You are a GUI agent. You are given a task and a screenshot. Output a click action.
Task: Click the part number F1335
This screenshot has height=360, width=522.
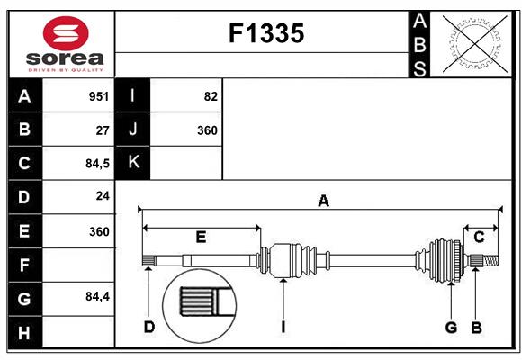click(x=266, y=33)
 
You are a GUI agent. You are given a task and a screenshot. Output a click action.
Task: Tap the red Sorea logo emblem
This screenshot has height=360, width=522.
click(x=66, y=33)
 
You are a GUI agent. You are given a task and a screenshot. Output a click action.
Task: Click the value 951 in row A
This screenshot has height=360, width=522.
click(x=99, y=96)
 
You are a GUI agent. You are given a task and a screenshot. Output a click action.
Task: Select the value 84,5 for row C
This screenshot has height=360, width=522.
click(x=97, y=164)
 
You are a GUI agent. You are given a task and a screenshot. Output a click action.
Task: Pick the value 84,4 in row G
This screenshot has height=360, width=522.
click(x=97, y=296)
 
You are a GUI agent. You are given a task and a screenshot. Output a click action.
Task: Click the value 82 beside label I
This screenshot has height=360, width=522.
click(x=211, y=96)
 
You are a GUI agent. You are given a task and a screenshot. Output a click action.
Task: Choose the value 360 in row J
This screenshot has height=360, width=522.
click(x=207, y=130)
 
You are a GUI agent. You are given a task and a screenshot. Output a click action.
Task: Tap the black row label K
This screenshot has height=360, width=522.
click(x=132, y=163)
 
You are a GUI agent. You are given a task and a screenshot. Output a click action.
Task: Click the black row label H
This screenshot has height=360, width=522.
click(x=25, y=332)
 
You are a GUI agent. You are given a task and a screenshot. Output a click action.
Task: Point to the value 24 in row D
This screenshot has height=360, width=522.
click(x=103, y=196)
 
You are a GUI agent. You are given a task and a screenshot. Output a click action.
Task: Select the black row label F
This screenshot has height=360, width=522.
click(x=25, y=265)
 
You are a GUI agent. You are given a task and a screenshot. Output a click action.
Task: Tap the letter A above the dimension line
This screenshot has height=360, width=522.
click(x=323, y=201)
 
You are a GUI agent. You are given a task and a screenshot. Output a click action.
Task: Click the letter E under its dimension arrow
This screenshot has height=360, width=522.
click(x=201, y=237)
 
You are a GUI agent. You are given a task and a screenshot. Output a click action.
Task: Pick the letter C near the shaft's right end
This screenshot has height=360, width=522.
click(x=479, y=238)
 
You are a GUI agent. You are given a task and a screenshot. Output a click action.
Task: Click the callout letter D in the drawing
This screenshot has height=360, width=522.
click(x=149, y=327)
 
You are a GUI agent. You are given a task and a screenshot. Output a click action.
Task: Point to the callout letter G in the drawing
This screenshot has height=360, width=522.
click(x=451, y=328)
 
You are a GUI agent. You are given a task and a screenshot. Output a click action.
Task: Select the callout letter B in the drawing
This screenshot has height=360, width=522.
click(x=476, y=328)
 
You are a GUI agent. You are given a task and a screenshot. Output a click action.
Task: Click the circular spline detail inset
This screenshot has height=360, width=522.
click(x=200, y=306)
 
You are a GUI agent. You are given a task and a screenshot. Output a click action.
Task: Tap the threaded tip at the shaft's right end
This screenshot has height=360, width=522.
click(x=490, y=260)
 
